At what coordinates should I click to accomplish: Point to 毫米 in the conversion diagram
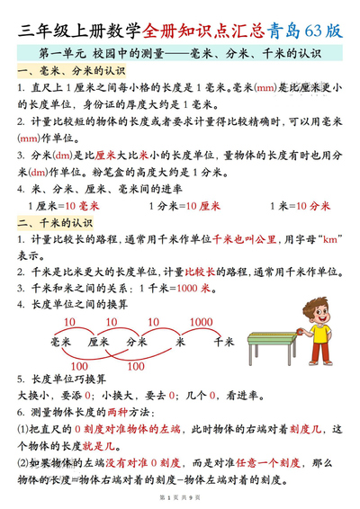(x=61, y=343)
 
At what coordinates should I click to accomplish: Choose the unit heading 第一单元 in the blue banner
(x=61, y=53)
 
